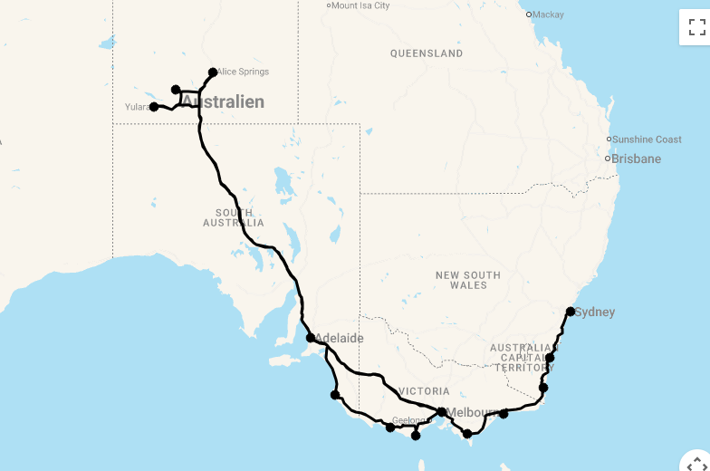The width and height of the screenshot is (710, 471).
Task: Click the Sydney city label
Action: click(x=595, y=312)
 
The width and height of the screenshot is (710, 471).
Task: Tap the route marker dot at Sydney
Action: click(x=571, y=312)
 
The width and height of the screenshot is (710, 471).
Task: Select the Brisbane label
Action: click(x=636, y=159)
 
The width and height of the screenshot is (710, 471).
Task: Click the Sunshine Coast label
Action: click(x=647, y=139)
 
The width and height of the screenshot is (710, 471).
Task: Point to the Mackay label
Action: click(x=548, y=14)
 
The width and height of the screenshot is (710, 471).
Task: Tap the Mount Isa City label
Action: click(x=360, y=5)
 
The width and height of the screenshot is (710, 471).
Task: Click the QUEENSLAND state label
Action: click(x=427, y=53)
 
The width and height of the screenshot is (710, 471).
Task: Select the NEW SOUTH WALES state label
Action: click(x=468, y=280)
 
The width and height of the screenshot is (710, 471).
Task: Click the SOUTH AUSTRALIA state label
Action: click(x=234, y=217)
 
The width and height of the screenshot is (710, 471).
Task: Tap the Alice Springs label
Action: click(x=243, y=72)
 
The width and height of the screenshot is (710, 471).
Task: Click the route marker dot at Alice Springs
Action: click(x=213, y=72)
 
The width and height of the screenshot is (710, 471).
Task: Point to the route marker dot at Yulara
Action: click(x=154, y=107)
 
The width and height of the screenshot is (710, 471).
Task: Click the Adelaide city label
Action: click(x=340, y=339)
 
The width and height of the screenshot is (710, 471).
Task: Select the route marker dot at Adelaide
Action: click(x=311, y=338)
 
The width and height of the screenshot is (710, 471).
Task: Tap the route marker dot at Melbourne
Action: click(x=441, y=412)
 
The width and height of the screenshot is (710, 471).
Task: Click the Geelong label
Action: click(x=409, y=420)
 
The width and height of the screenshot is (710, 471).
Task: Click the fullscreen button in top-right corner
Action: click(x=695, y=26)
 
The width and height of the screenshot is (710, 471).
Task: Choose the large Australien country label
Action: click(x=224, y=102)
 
